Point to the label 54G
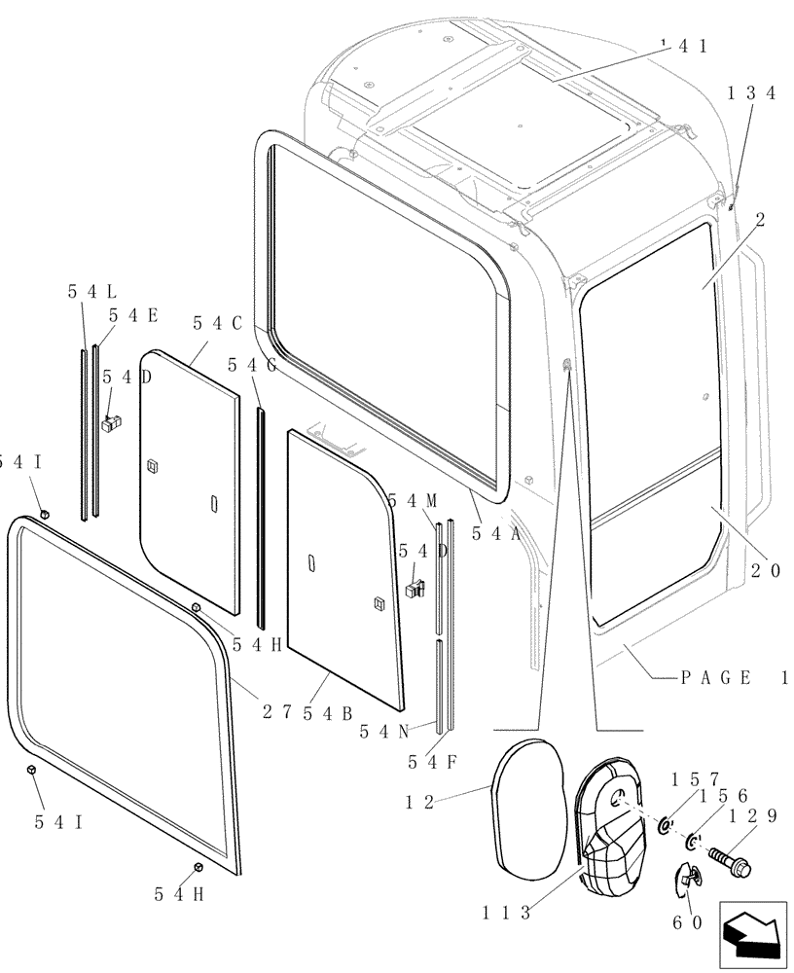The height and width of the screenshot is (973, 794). pyautogui.click(x=252, y=364)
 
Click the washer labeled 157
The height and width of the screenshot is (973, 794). pyautogui.click(x=665, y=826)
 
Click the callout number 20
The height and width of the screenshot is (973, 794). pyautogui.click(x=765, y=572)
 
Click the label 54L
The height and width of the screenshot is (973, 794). pyautogui.click(x=92, y=291)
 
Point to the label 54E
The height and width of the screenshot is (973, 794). pyautogui.click(x=133, y=314)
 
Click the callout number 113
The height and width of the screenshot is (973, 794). pyautogui.click(x=505, y=913)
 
